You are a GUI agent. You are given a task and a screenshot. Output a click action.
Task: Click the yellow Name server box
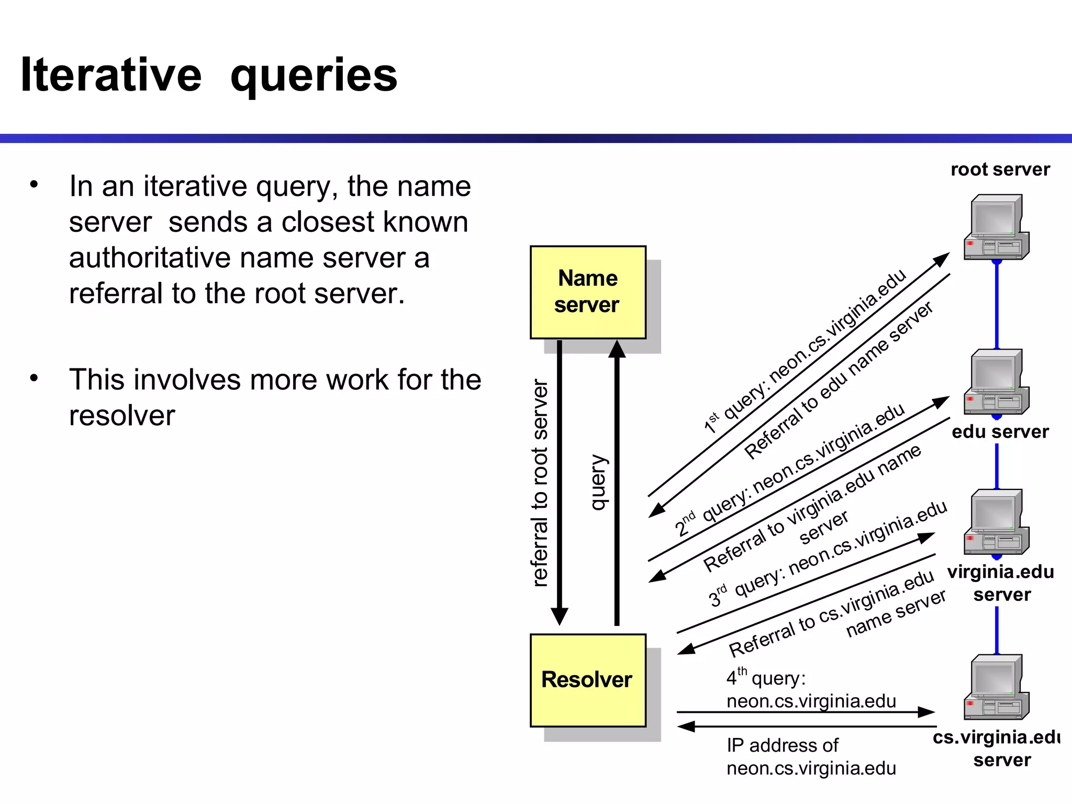(588, 292)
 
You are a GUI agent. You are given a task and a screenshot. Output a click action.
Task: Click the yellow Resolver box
(588, 680)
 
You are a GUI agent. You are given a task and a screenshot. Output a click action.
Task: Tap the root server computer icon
(996, 228)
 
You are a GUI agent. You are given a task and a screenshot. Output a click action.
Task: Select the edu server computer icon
(996, 382)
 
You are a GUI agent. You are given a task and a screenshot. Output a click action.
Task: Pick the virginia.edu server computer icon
(996, 522)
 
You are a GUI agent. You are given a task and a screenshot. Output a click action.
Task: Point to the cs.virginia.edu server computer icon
(996, 687)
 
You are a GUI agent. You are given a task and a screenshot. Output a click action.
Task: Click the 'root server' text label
(1000, 170)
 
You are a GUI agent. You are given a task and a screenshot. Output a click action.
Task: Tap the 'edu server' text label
(1000, 432)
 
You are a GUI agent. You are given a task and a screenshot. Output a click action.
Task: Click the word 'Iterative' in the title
(111, 75)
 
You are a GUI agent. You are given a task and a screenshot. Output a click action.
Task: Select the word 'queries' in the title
(314, 77)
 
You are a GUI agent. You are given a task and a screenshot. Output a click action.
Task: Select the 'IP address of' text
(782, 745)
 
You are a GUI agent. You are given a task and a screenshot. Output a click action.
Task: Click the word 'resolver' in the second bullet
(122, 416)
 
